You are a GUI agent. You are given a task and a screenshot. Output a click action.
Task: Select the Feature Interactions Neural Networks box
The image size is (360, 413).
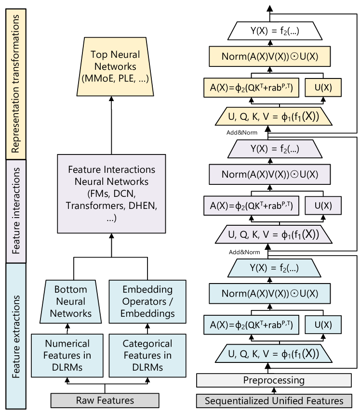pyautogui.click(x=111, y=194)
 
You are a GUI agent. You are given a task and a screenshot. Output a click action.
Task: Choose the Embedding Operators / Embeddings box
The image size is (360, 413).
pyautogui.click(x=147, y=302)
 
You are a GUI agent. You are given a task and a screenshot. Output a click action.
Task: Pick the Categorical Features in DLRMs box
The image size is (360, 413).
pyautogui.click(x=147, y=356)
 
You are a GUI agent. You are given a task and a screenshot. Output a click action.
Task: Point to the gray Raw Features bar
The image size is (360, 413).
pyautogui.click(x=105, y=400)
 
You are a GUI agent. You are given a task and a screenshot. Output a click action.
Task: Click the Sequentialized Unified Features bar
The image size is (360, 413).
pyautogui.click(x=274, y=401)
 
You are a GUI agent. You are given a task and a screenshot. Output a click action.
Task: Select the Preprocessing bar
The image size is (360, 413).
pyautogui.click(x=274, y=380)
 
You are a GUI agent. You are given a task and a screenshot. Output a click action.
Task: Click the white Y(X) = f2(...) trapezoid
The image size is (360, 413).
pyautogui.click(x=274, y=32)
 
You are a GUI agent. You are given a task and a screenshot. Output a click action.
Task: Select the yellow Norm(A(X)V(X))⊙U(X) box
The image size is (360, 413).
pyautogui.click(x=269, y=56)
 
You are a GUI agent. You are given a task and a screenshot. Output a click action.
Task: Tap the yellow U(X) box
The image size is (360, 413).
pyautogui.click(x=323, y=88)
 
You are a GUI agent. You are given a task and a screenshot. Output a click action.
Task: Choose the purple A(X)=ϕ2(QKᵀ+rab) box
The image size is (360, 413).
pyautogui.click(x=251, y=206)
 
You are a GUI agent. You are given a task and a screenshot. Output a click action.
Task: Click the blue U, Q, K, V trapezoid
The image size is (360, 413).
pyautogui.click(x=274, y=354)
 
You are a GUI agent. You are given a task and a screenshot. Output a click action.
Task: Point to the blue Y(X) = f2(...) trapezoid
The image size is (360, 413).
pyautogui.click(x=274, y=268)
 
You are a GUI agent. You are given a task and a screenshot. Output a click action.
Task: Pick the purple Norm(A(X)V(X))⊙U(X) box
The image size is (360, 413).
pyautogui.click(x=269, y=174)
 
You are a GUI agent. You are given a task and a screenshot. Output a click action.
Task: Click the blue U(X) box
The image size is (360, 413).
pyautogui.click(x=323, y=325)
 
